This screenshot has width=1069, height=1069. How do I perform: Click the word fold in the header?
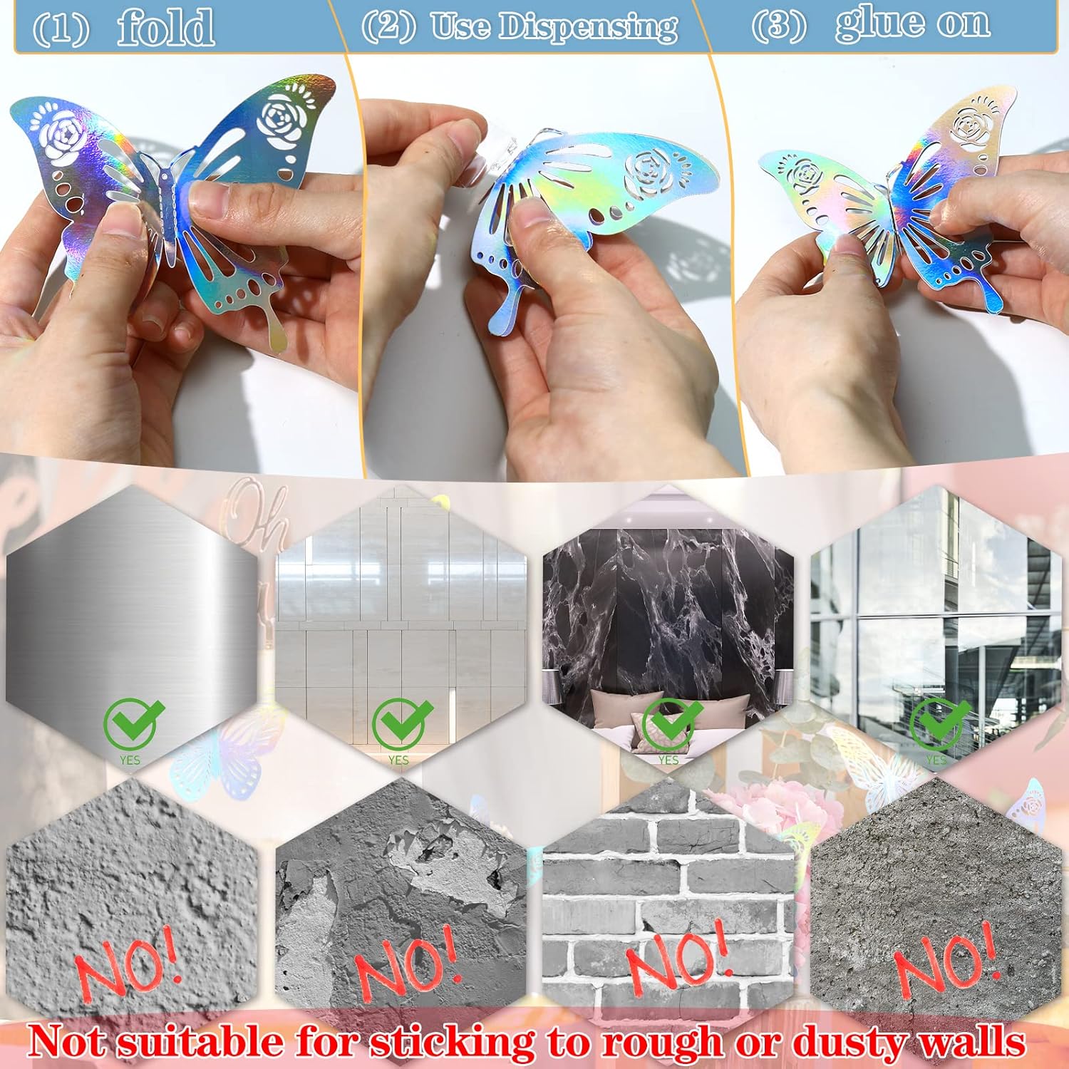(x=165, y=27)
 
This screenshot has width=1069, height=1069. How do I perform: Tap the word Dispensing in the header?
(x=588, y=26)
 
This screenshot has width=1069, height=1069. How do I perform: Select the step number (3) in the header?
(x=779, y=25)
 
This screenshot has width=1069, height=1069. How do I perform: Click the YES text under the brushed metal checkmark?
(x=130, y=760)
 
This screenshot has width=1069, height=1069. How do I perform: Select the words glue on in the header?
(x=913, y=23)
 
